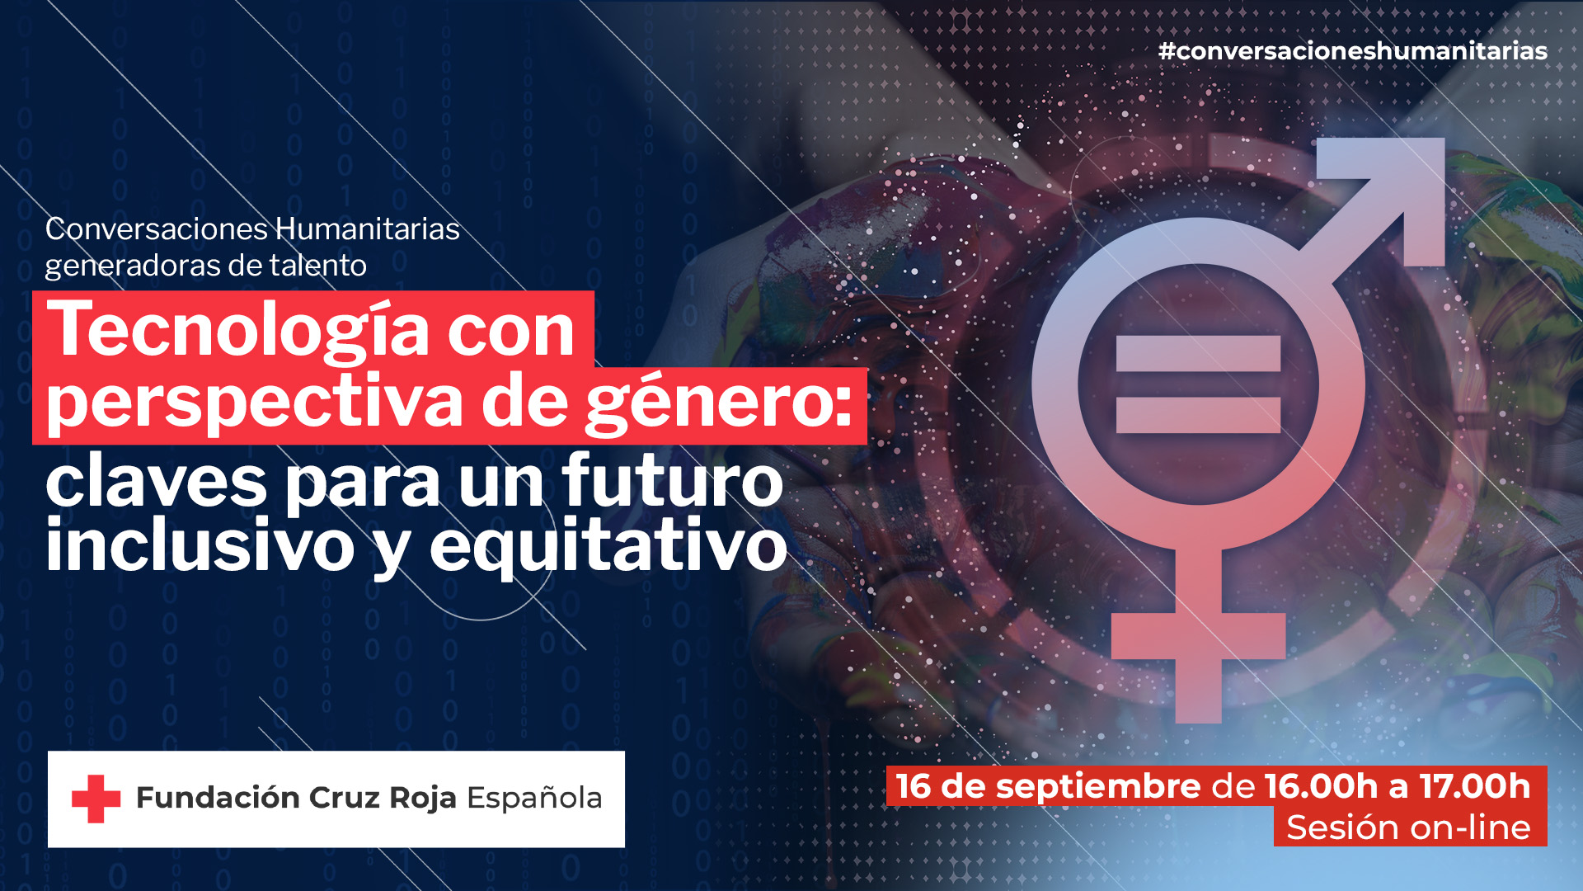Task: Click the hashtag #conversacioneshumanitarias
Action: coord(1352,51)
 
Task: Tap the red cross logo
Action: coord(96,799)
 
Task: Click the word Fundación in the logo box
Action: coord(218,798)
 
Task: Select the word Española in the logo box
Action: coord(534,799)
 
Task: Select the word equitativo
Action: coord(608,545)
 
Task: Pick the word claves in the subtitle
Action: coord(156,483)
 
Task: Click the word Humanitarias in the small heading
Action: coord(367,229)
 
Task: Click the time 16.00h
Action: coord(1321,786)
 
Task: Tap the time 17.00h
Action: coord(1475,786)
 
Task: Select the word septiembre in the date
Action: coord(1097,786)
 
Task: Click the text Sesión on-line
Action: coord(1408,827)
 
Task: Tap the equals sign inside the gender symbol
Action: coord(1198,384)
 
